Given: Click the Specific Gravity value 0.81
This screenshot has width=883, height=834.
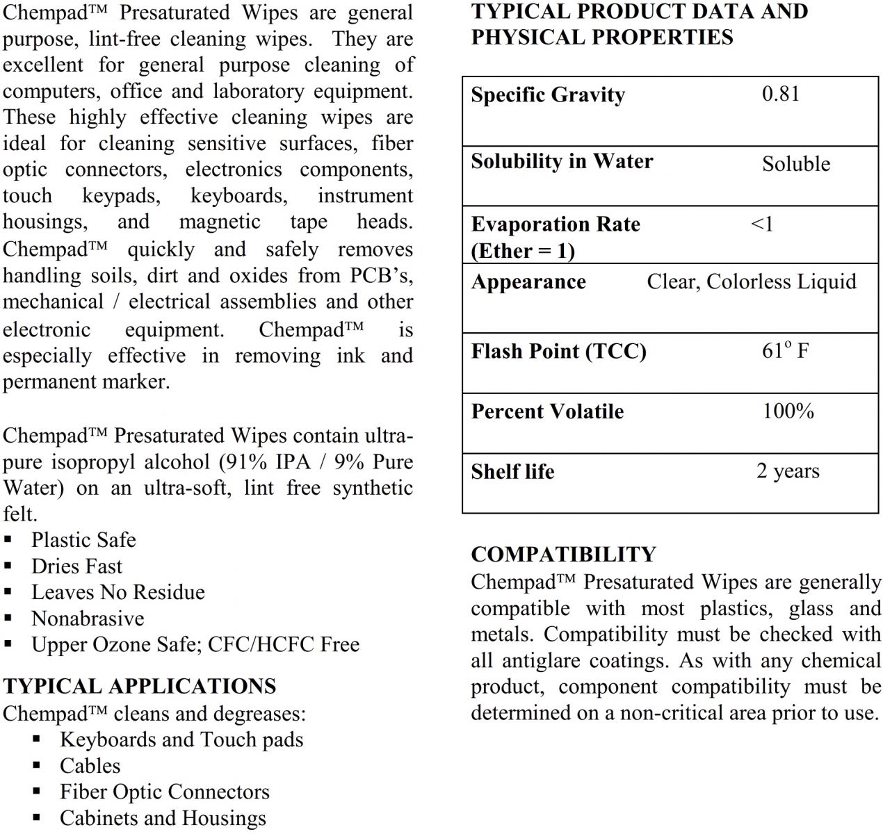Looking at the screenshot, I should tap(781, 94).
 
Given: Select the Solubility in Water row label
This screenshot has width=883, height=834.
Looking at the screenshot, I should tap(562, 161).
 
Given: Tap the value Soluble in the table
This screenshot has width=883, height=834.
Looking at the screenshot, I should tap(796, 164).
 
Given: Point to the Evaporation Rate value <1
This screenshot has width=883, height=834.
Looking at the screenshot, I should tap(762, 224).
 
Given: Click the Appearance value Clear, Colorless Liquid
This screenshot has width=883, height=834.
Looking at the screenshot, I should tap(752, 281).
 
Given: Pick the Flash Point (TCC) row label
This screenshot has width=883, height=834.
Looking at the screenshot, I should tap(558, 351).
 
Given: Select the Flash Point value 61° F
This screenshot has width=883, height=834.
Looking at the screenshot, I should tap(785, 350).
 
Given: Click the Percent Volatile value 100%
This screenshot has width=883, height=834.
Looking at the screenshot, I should tap(788, 411).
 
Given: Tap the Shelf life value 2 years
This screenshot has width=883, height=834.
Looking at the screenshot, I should tap(788, 471).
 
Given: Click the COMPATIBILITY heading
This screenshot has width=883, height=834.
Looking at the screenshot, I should tap(563, 554).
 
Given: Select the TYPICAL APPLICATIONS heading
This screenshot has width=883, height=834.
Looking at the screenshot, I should tap(139, 686).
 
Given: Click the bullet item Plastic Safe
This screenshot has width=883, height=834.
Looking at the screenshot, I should tap(83, 540).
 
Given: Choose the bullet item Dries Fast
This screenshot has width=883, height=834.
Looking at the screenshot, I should tap(76, 566).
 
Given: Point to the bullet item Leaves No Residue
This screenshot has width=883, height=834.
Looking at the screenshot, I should tap(118, 592).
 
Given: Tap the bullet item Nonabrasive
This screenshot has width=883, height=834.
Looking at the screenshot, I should tap(88, 619).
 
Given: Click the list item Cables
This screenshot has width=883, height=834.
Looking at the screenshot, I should tap(90, 766).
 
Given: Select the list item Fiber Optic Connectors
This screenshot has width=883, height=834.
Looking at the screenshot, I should tap(164, 792).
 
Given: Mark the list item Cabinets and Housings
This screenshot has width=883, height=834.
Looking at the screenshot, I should tap(163, 818).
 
